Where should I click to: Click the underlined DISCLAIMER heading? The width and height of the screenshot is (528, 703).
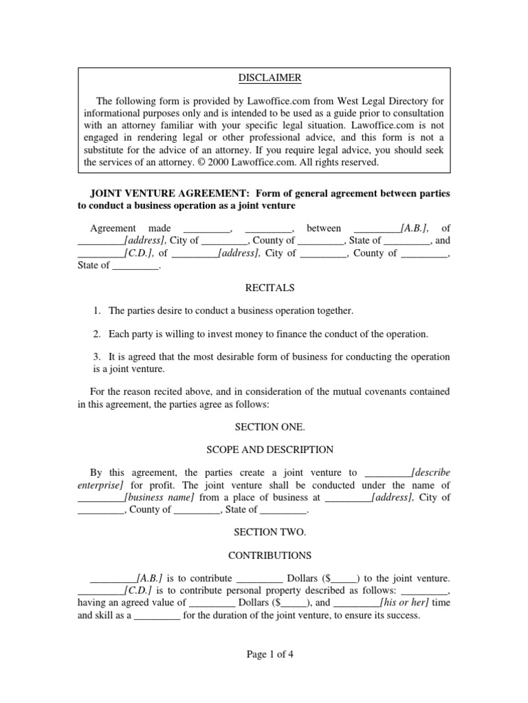pos(264,78)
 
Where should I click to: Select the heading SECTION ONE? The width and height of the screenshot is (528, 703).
pos(264,427)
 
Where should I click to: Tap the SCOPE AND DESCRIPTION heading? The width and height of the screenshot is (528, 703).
pos(264,450)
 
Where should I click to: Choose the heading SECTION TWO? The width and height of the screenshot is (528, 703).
pos(264,532)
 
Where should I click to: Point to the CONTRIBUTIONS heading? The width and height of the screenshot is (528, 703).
pos(264,555)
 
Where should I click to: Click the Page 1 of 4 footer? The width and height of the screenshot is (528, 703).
pos(264,654)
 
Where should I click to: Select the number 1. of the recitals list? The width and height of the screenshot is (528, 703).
pos(98,311)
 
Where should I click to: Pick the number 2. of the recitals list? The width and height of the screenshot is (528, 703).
pos(98,334)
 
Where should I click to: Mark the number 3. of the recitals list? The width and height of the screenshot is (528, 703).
pos(98,357)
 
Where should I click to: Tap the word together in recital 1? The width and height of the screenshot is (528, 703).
pos(332,311)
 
